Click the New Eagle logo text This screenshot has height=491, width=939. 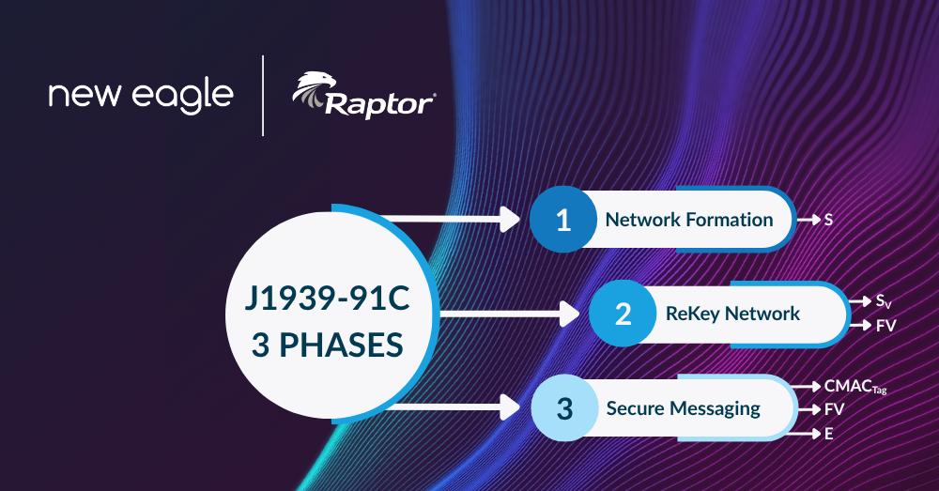point(141,96)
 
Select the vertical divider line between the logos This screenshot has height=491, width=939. point(263,96)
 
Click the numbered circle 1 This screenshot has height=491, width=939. point(562,221)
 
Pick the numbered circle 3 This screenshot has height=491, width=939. point(563,408)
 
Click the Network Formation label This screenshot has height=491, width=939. point(689,221)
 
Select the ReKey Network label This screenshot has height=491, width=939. point(733,314)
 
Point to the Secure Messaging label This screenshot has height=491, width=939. point(683,408)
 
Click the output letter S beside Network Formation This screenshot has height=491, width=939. point(828,221)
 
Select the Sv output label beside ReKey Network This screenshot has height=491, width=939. point(884,301)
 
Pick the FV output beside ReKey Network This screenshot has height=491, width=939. point(886,326)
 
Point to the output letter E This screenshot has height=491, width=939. point(829,434)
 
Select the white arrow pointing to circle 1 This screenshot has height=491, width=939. point(451,221)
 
